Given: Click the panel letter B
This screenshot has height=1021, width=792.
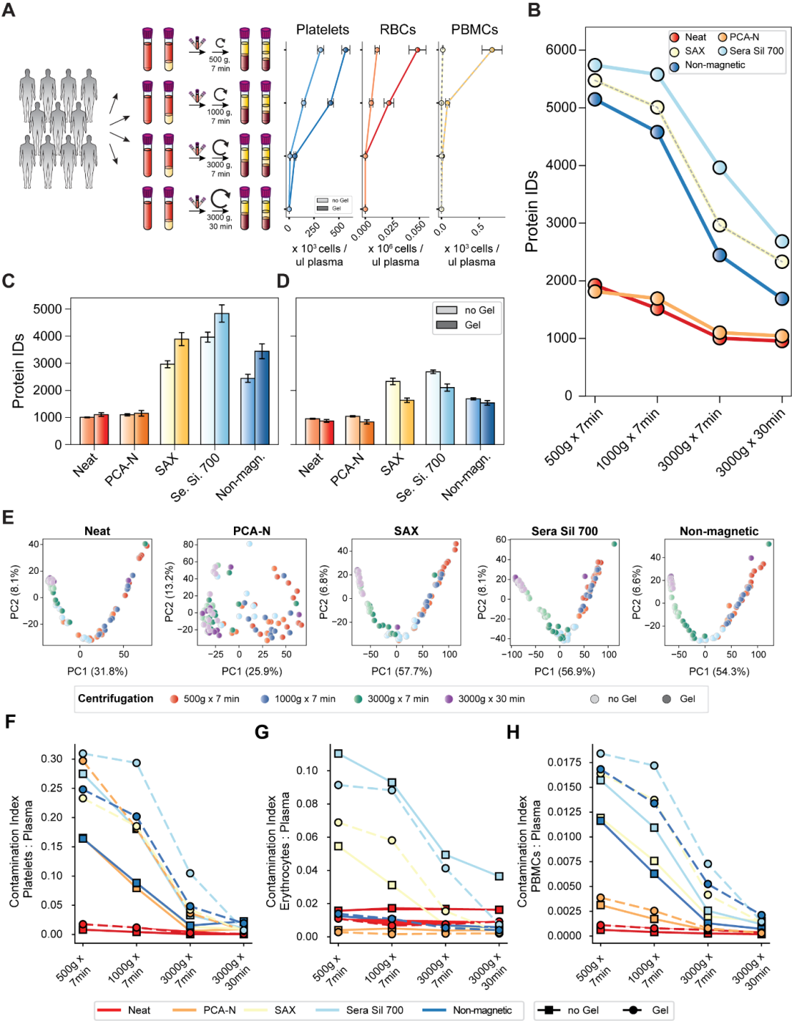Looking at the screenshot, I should (534, 10).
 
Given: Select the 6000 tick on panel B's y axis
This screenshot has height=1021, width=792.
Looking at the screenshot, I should (561, 49).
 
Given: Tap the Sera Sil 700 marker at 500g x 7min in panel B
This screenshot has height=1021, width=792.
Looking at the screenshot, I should (595, 66).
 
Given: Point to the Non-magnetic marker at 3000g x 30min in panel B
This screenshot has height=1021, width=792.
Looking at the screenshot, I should (782, 298).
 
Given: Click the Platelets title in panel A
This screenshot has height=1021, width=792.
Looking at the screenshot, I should (323, 30).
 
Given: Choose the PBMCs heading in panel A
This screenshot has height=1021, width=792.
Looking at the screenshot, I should (474, 30).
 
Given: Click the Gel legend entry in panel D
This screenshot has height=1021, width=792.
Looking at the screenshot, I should (472, 325).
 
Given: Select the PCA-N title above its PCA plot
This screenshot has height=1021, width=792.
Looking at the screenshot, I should (252, 531).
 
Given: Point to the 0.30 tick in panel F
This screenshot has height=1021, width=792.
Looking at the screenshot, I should (51, 759).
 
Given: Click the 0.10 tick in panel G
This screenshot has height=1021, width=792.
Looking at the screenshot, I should (307, 770).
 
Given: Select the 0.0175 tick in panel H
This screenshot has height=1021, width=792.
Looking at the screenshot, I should (565, 762).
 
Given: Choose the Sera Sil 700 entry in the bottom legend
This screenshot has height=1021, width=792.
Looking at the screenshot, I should (374, 1010).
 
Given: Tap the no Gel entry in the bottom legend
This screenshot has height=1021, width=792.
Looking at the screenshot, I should (582, 1010).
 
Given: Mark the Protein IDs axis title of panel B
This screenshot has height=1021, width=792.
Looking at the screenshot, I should (532, 212).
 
